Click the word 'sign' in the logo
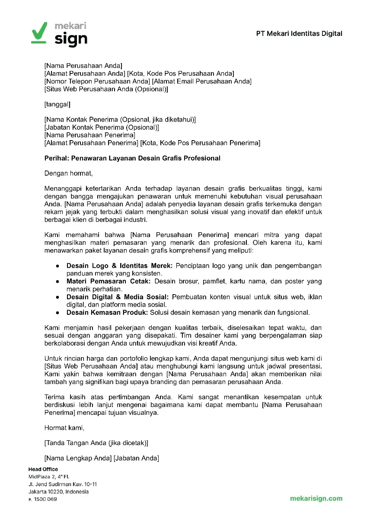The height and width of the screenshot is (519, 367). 71,39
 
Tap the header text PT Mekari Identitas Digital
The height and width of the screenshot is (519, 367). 299,33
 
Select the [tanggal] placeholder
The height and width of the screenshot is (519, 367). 57,104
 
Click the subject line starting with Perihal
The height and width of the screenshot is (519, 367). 132,158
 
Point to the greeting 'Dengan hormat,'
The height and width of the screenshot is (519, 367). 68,173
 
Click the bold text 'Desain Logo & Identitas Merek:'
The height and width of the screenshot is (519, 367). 119,266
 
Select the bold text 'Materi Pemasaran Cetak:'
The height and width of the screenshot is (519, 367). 109,282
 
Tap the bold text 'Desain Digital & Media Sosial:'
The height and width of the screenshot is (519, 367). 118,297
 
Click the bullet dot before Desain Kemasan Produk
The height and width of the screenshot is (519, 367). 57,312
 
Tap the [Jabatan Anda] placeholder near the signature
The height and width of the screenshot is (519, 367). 136,458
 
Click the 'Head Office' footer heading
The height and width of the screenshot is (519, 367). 43,469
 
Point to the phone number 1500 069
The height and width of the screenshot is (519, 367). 45,499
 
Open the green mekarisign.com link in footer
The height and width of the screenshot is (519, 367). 316,498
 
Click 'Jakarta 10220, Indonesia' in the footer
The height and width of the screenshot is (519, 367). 58,492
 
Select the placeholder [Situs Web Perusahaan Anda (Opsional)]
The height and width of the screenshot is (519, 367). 106,90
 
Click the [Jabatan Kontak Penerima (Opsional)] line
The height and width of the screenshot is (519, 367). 102,128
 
